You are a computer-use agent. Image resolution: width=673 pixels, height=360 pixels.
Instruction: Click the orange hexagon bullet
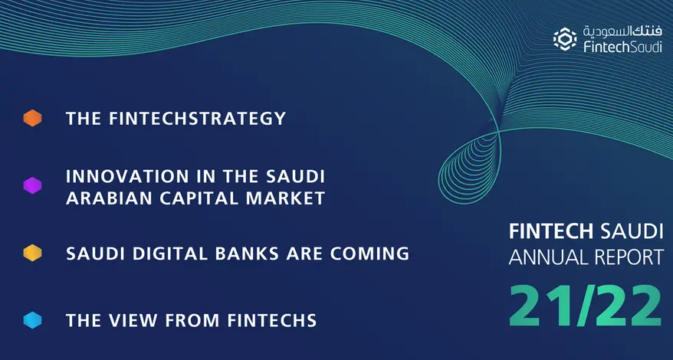(x=32, y=119)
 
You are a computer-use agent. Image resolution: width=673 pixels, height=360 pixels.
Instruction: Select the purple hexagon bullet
(x=32, y=186)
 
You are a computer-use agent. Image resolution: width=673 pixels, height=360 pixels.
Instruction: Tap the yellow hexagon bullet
(x=32, y=254)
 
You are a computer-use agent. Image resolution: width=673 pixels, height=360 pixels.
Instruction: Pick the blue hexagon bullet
(x=32, y=321)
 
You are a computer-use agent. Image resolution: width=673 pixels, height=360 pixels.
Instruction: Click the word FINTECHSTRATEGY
(x=199, y=119)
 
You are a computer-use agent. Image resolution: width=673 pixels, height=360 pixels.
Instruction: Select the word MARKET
(x=287, y=198)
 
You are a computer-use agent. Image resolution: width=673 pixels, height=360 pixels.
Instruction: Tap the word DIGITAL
(x=174, y=254)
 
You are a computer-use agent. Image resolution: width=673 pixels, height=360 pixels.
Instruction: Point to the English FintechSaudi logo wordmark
(x=618, y=47)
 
